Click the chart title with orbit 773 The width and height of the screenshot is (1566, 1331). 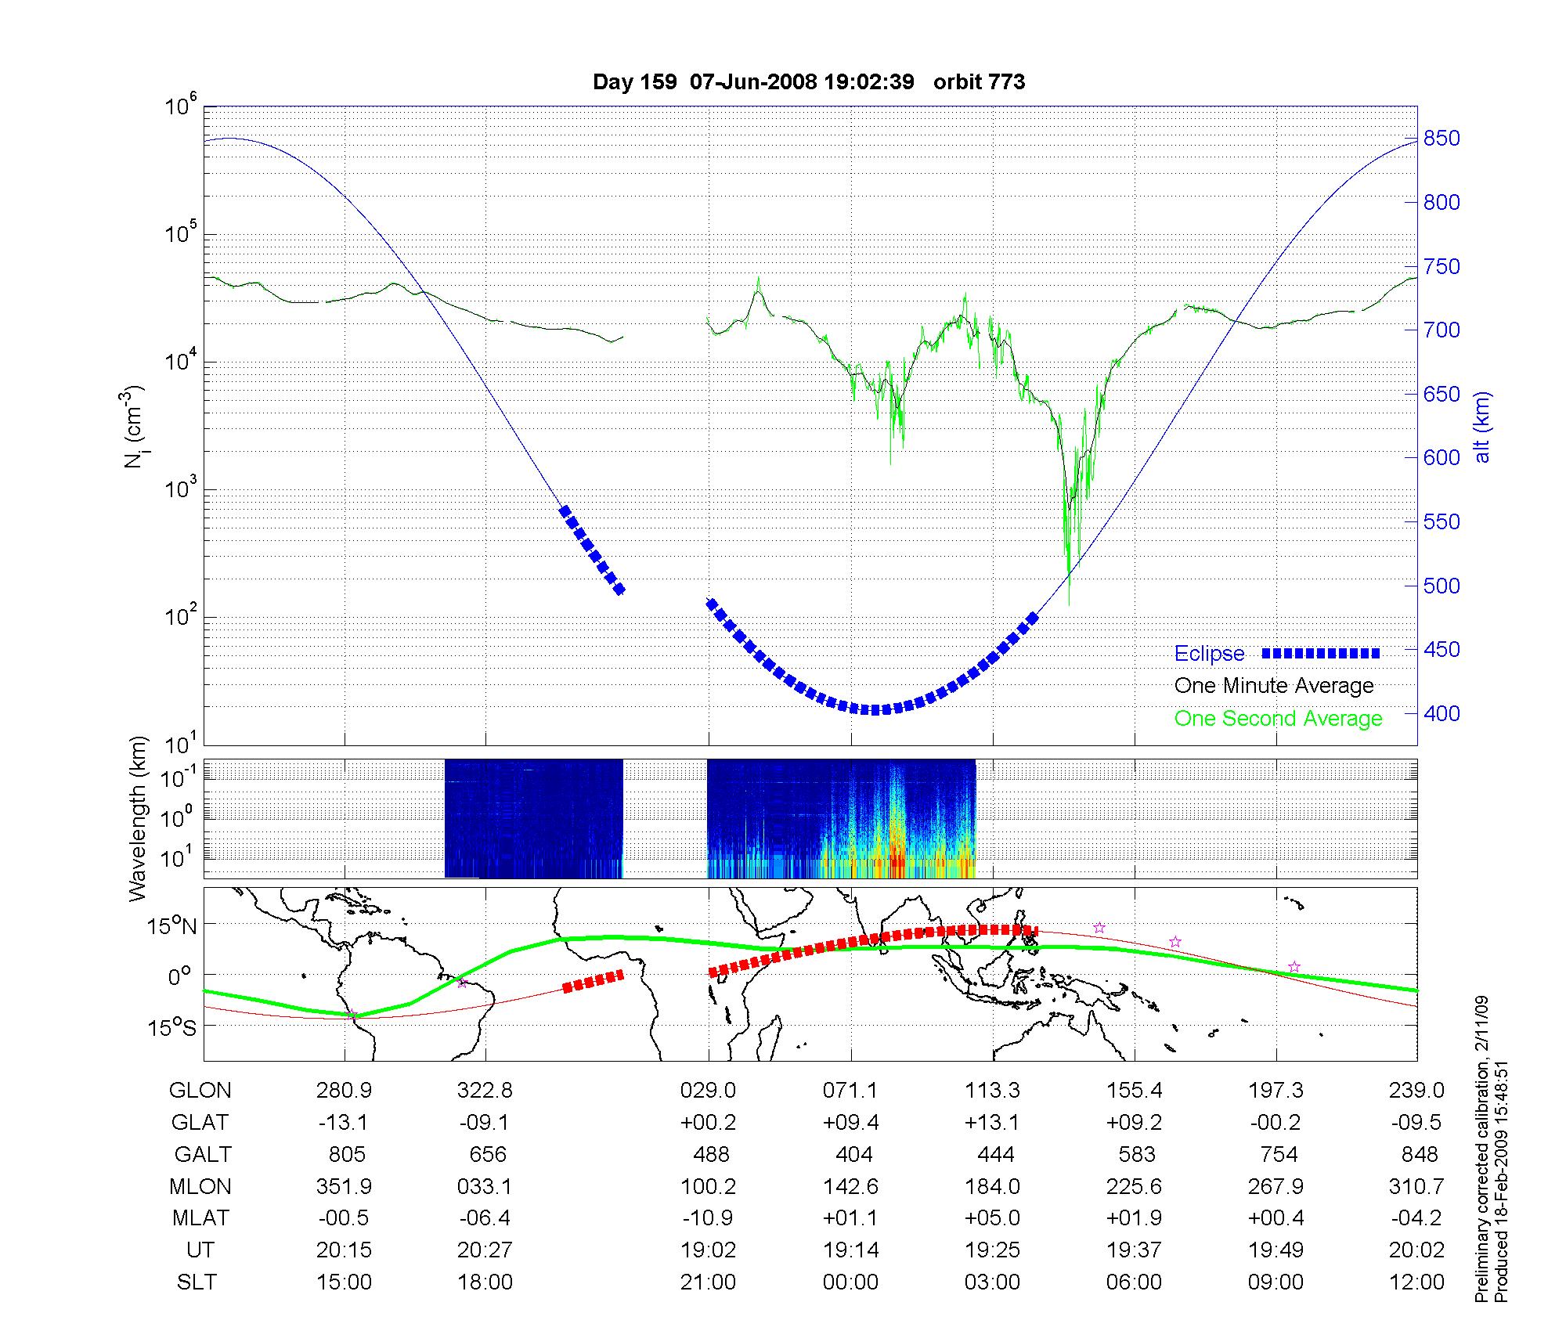pyautogui.click(x=808, y=82)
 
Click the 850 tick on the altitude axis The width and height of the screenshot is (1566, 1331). pyautogui.click(x=1441, y=139)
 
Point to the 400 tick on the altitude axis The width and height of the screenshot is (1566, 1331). pyautogui.click(x=1441, y=713)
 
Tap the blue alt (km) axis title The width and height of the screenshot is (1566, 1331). pyautogui.click(x=1482, y=427)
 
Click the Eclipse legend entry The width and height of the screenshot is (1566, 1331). pyautogui.click(x=1209, y=654)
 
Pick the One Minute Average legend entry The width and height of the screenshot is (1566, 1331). pyautogui.click(x=1274, y=686)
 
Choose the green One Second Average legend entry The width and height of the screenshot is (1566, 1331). pyautogui.click(x=1278, y=719)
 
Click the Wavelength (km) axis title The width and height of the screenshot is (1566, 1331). pyautogui.click(x=139, y=818)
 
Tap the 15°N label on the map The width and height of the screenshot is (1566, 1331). pyautogui.click(x=173, y=926)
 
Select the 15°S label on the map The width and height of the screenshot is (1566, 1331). pyautogui.click(x=173, y=1027)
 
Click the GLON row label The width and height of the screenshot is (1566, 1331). pyautogui.click(x=200, y=1090)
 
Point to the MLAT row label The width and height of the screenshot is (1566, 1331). pyautogui.click(x=200, y=1218)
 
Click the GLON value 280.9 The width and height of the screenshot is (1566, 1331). pyautogui.click(x=344, y=1090)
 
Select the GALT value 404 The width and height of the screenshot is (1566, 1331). pyautogui.click(x=853, y=1154)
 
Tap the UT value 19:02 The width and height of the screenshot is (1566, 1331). pyautogui.click(x=708, y=1250)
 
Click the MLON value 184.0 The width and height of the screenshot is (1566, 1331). pyautogui.click(x=992, y=1186)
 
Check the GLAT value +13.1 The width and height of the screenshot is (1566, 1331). pyautogui.click(x=992, y=1122)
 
